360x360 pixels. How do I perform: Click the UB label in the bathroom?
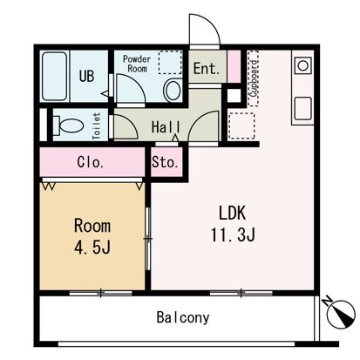86,76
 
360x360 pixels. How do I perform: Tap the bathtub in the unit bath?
54,76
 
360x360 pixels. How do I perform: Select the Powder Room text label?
137,64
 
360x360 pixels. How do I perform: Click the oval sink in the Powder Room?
173,91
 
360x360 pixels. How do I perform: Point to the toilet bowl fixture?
68,126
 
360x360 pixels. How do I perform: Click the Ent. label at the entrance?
207,69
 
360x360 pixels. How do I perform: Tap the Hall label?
166,127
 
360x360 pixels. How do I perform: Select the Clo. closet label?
91,162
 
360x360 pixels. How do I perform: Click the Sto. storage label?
165,162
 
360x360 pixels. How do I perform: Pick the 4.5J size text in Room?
92,248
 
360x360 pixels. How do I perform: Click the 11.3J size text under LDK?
233,235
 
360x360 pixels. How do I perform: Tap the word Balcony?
183,317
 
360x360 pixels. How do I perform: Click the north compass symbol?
341,312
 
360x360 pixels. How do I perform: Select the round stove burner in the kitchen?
303,65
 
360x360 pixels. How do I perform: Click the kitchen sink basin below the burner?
303,109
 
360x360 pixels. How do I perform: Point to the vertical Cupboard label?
254,78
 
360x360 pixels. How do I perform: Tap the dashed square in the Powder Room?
170,62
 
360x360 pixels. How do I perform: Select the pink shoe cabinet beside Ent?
234,66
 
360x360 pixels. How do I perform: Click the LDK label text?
232,213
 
